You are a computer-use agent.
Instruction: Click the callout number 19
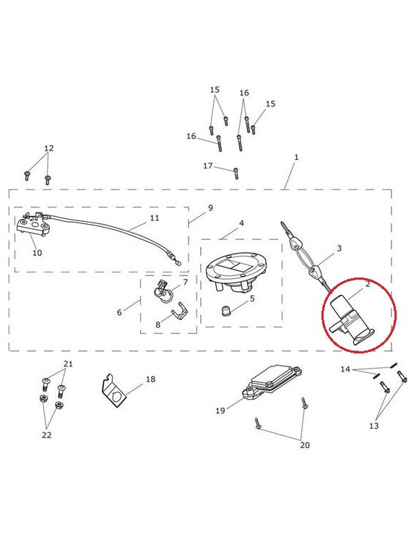pyautogui.click(x=220, y=411)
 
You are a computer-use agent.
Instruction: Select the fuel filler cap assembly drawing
pyautogui.click(x=235, y=274)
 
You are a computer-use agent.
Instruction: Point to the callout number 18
pyautogui.click(x=150, y=379)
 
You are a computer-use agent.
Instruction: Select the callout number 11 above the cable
pyautogui.click(x=155, y=218)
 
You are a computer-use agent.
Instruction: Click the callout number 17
pyautogui.click(x=208, y=166)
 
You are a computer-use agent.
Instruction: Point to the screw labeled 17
pyautogui.click(x=236, y=173)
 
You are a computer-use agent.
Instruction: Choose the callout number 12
pyautogui.click(x=49, y=148)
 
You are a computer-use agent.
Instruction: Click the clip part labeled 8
pyautogui.click(x=180, y=312)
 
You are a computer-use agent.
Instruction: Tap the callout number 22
pyautogui.click(x=46, y=435)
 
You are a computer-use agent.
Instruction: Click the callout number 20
pyautogui.click(x=305, y=445)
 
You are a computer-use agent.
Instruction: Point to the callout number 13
pyautogui.click(x=373, y=426)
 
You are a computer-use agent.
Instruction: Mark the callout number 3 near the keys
pyautogui.click(x=339, y=248)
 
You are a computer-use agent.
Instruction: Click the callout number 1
pyautogui.click(x=296, y=157)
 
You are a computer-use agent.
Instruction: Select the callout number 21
pyautogui.click(x=68, y=364)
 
